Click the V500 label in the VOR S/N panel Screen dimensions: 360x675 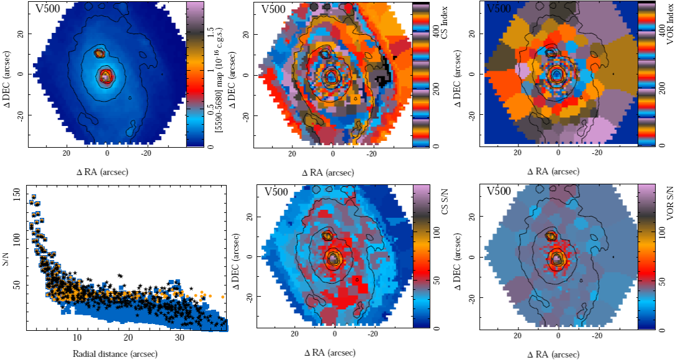coord(500,191)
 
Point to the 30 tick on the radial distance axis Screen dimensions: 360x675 coord(179,338)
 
